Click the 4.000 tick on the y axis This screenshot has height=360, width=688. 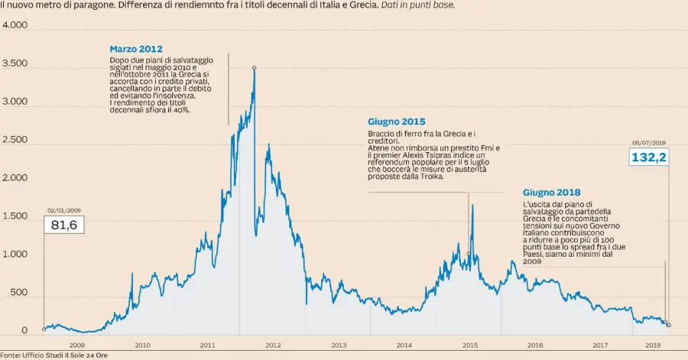point(15,25)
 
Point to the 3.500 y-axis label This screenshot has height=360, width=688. point(15,63)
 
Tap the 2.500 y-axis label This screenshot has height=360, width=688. point(15,140)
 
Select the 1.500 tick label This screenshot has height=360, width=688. point(15,216)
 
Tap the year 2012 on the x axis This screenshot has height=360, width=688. point(273,345)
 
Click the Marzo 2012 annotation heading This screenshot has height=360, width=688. point(135,49)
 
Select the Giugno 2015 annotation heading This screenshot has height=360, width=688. point(396,122)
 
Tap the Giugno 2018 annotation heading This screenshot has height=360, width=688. point(552,192)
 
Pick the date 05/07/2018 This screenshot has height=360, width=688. point(648,142)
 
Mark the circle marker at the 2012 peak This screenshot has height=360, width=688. point(254,67)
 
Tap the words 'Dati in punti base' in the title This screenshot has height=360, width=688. point(417,5)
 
